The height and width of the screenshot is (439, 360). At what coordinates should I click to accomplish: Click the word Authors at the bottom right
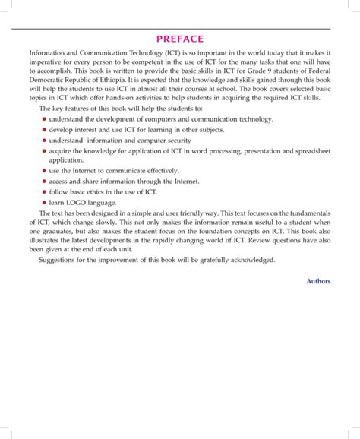318,280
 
